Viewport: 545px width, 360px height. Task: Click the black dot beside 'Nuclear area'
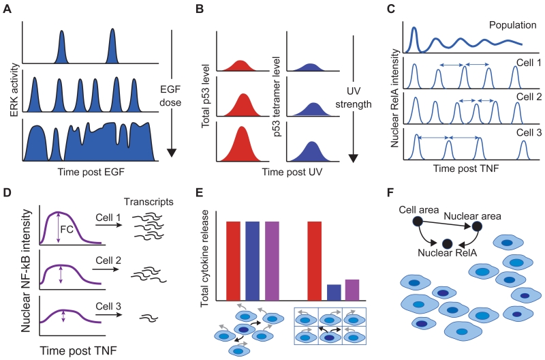[478, 226]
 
